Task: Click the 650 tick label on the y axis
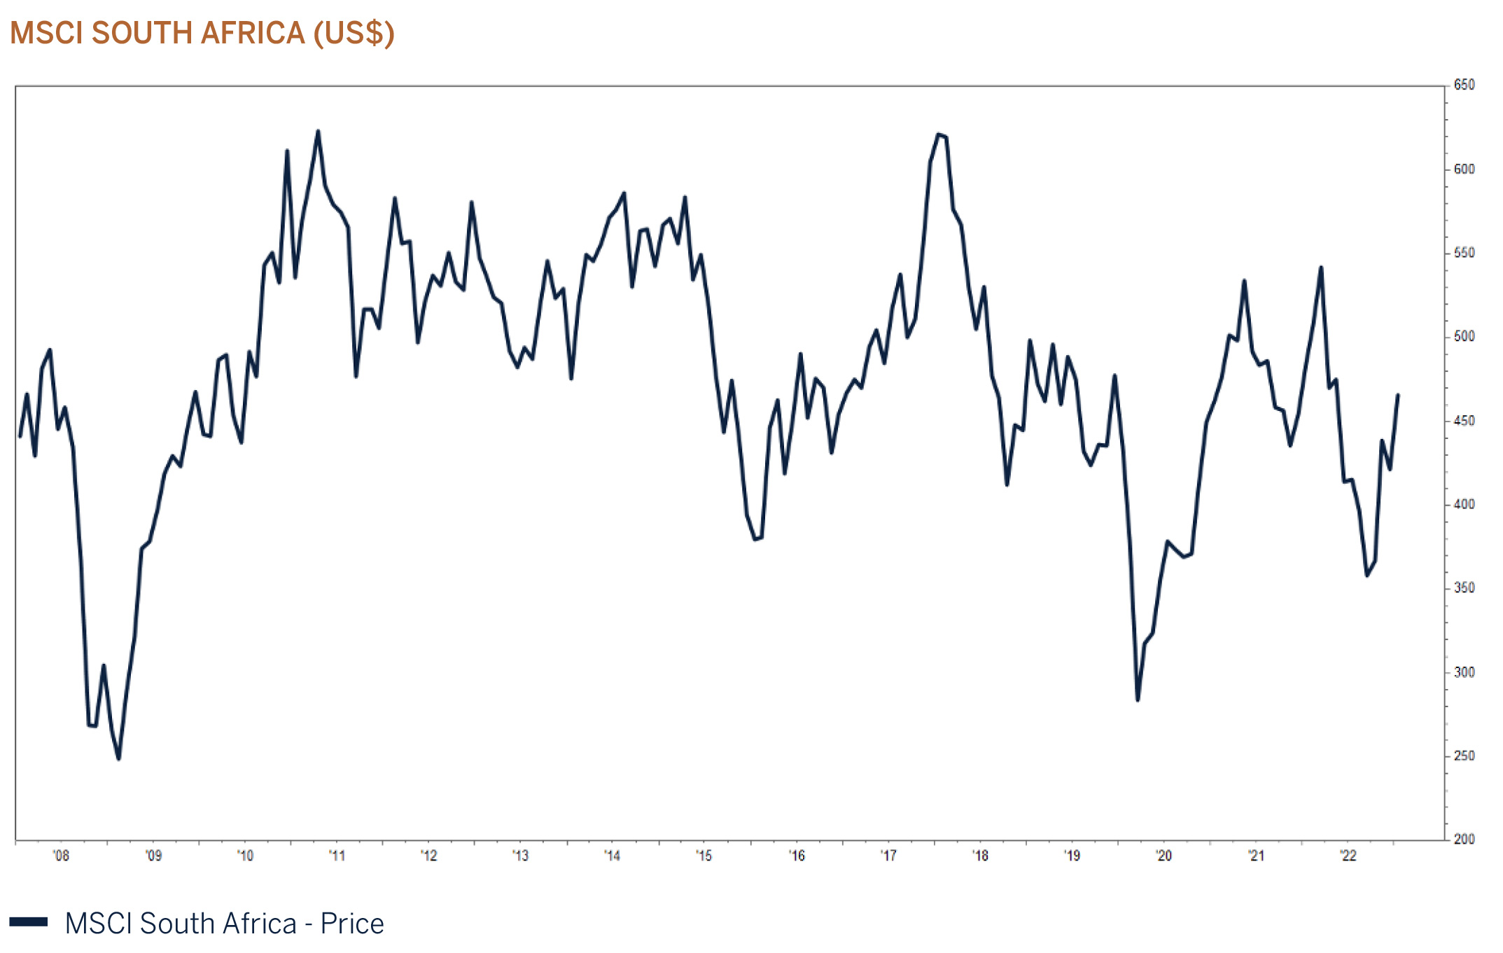[1464, 85]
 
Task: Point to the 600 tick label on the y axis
[1464, 169]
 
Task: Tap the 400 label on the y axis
[1464, 504]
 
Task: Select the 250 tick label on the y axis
[1464, 756]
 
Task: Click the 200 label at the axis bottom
[1464, 839]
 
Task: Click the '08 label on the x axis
[61, 856]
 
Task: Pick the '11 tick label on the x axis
[337, 856]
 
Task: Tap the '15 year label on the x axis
[704, 856]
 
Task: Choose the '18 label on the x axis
[980, 856]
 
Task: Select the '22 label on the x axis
[1348, 856]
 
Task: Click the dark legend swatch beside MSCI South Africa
[29, 922]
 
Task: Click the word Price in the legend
[352, 924]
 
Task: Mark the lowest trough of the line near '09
[118, 759]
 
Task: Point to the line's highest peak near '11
[318, 131]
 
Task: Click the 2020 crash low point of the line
[1138, 700]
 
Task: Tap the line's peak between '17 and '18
[939, 134]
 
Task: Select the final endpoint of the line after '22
[1398, 395]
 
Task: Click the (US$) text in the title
[354, 33]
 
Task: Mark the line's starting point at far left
[20, 436]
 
